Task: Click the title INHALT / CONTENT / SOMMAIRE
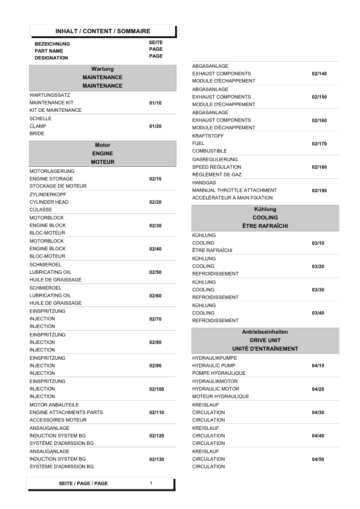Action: point(103,31)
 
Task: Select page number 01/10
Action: point(155,103)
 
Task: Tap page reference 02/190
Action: point(319,190)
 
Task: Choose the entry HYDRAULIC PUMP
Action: point(214,366)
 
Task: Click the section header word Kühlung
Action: point(265,209)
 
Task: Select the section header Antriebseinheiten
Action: point(265,332)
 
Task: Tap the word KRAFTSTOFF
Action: point(207,135)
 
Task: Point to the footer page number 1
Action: point(151,484)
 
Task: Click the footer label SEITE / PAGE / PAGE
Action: point(83,484)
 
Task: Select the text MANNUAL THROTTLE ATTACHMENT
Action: point(234,190)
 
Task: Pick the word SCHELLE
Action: point(40,118)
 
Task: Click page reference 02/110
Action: point(156,412)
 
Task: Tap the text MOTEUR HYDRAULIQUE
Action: point(220,397)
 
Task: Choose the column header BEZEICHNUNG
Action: point(52,44)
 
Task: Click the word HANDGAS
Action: point(204,183)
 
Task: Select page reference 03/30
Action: point(318,290)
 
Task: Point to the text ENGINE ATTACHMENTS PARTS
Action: point(66,412)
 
